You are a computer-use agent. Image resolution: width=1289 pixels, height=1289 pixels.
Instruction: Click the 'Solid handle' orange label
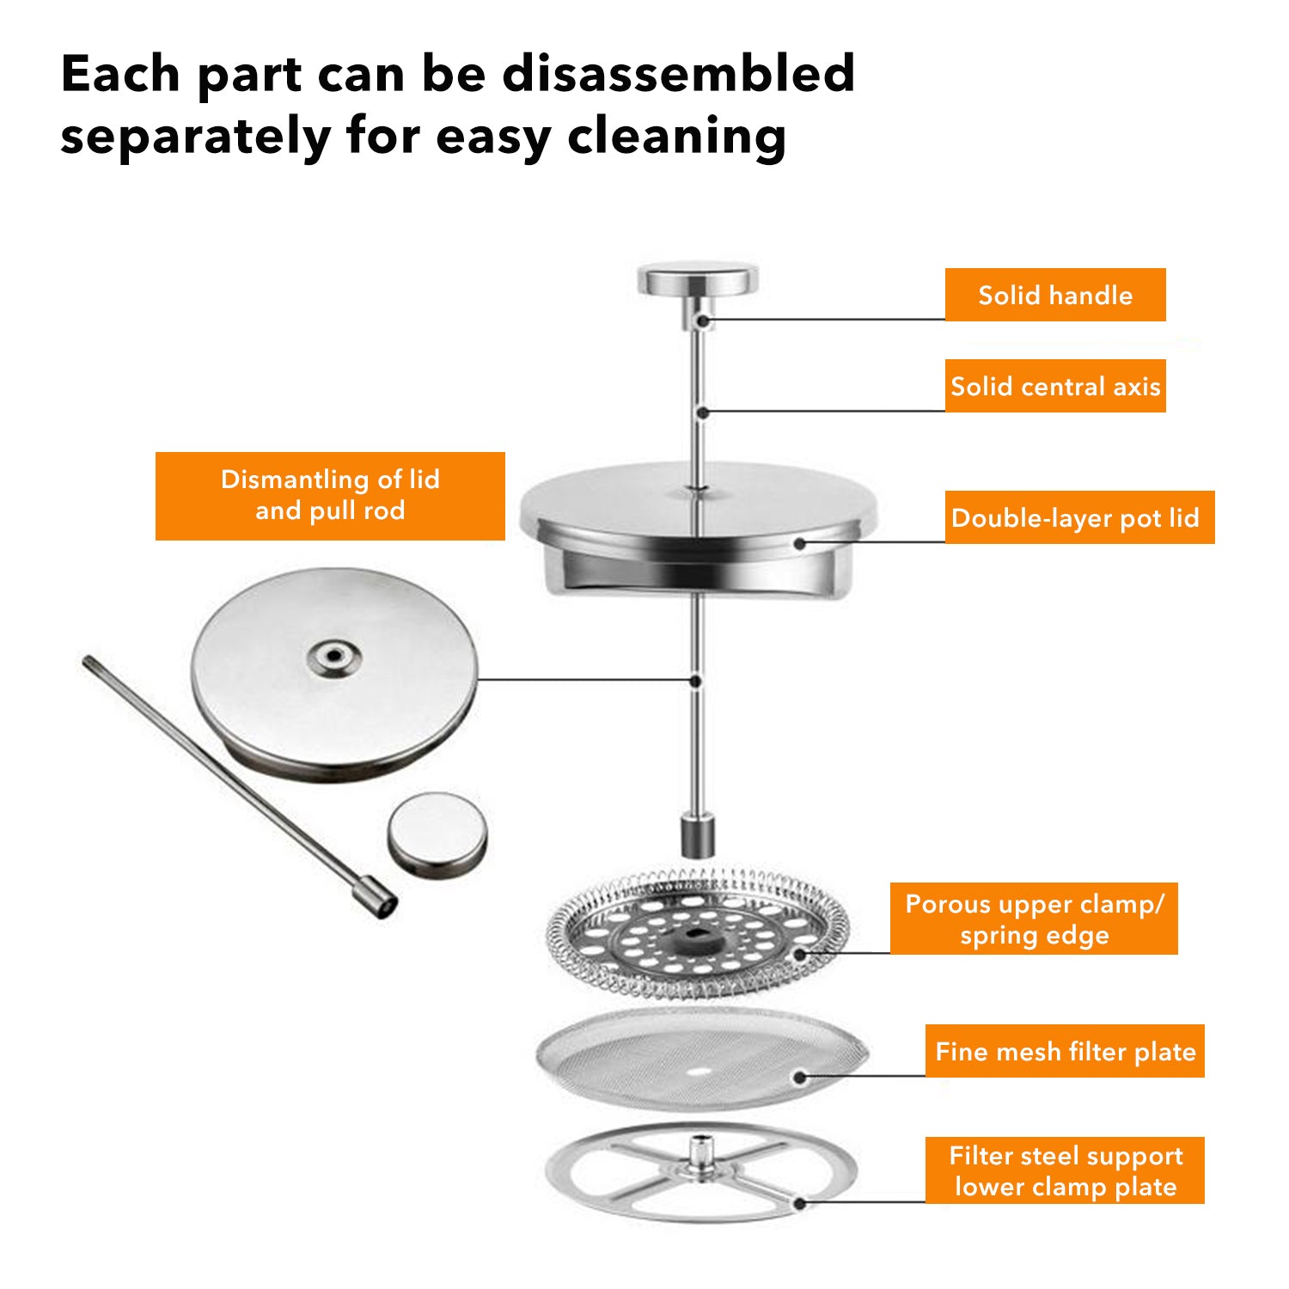(1055, 295)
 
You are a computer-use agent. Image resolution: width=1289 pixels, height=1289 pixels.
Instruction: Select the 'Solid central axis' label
(1055, 386)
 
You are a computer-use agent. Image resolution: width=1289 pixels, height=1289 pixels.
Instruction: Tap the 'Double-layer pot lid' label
(1079, 517)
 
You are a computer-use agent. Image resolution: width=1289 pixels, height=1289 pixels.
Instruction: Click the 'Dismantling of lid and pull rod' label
(330, 496)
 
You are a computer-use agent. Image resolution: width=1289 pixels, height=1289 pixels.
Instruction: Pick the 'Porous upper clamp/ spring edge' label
(1034, 919)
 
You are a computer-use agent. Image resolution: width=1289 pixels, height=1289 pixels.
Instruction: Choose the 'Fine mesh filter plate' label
(1065, 1051)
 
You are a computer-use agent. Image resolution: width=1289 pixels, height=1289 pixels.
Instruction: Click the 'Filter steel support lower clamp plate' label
(1065, 1170)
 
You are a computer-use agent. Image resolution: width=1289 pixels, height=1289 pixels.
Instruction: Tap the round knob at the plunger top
(698, 281)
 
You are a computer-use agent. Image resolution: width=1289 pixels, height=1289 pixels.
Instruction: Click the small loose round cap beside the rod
(437, 834)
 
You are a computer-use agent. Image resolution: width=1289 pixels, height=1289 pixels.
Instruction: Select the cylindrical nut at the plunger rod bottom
(698, 835)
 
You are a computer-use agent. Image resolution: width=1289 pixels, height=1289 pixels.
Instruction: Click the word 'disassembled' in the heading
(678, 73)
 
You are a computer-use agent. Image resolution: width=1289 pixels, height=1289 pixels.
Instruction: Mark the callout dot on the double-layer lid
(800, 543)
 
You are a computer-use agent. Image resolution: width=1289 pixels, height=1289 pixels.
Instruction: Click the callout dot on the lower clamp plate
(800, 1203)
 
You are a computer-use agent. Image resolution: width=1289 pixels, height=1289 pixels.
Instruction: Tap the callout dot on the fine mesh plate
(800, 1077)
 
